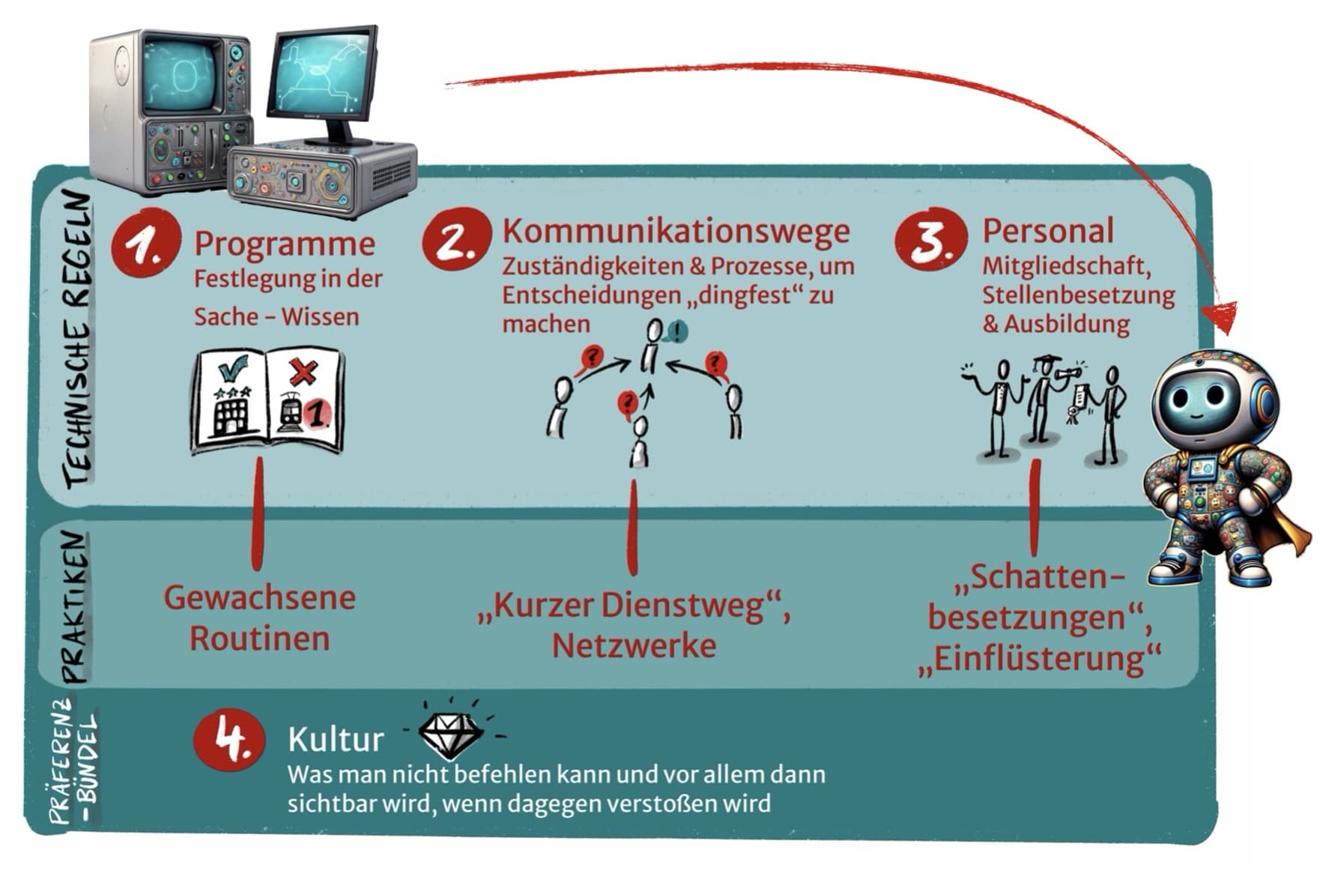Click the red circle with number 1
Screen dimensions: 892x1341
pos(145,243)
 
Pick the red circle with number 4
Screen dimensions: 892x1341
pos(229,739)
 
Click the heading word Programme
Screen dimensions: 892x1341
pos(285,244)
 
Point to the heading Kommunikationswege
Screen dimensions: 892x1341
pos(676,231)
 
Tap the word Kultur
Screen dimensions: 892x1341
pos(335,740)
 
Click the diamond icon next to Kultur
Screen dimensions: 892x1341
pos(449,735)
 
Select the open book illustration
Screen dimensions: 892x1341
pos(267,400)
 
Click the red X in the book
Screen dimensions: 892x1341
pos(303,372)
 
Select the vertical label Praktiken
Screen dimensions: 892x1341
pos(75,607)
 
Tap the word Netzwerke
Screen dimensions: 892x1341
pos(634,646)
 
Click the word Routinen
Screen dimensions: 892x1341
pos(259,639)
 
